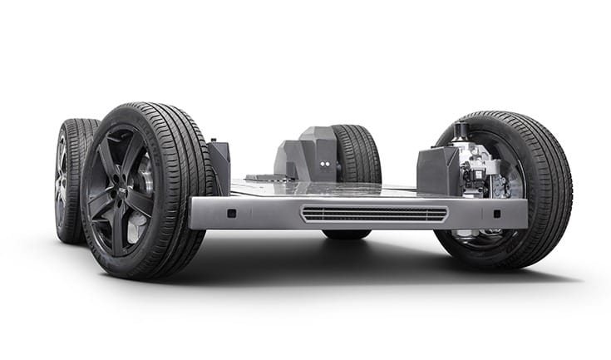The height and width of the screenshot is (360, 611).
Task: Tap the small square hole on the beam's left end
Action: tap(231, 213)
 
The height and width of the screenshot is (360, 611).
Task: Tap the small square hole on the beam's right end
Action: tap(496, 213)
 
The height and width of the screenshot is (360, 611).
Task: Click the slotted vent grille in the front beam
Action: tap(374, 214)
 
